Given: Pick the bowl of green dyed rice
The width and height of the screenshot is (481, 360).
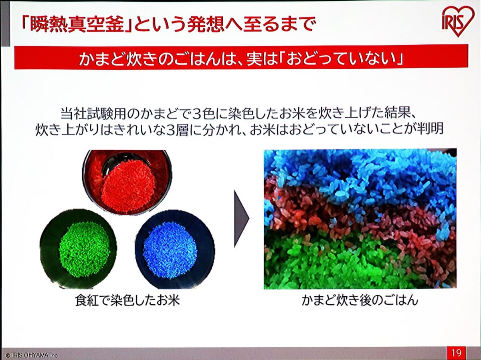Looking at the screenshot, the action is click(x=78, y=248).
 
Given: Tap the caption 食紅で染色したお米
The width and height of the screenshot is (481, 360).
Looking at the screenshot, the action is click(x=127, y=300).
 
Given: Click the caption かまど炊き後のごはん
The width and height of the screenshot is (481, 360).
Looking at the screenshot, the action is click(x=360, y=300).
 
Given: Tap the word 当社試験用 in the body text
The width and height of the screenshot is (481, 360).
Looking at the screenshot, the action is click(x=99, y=114).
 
